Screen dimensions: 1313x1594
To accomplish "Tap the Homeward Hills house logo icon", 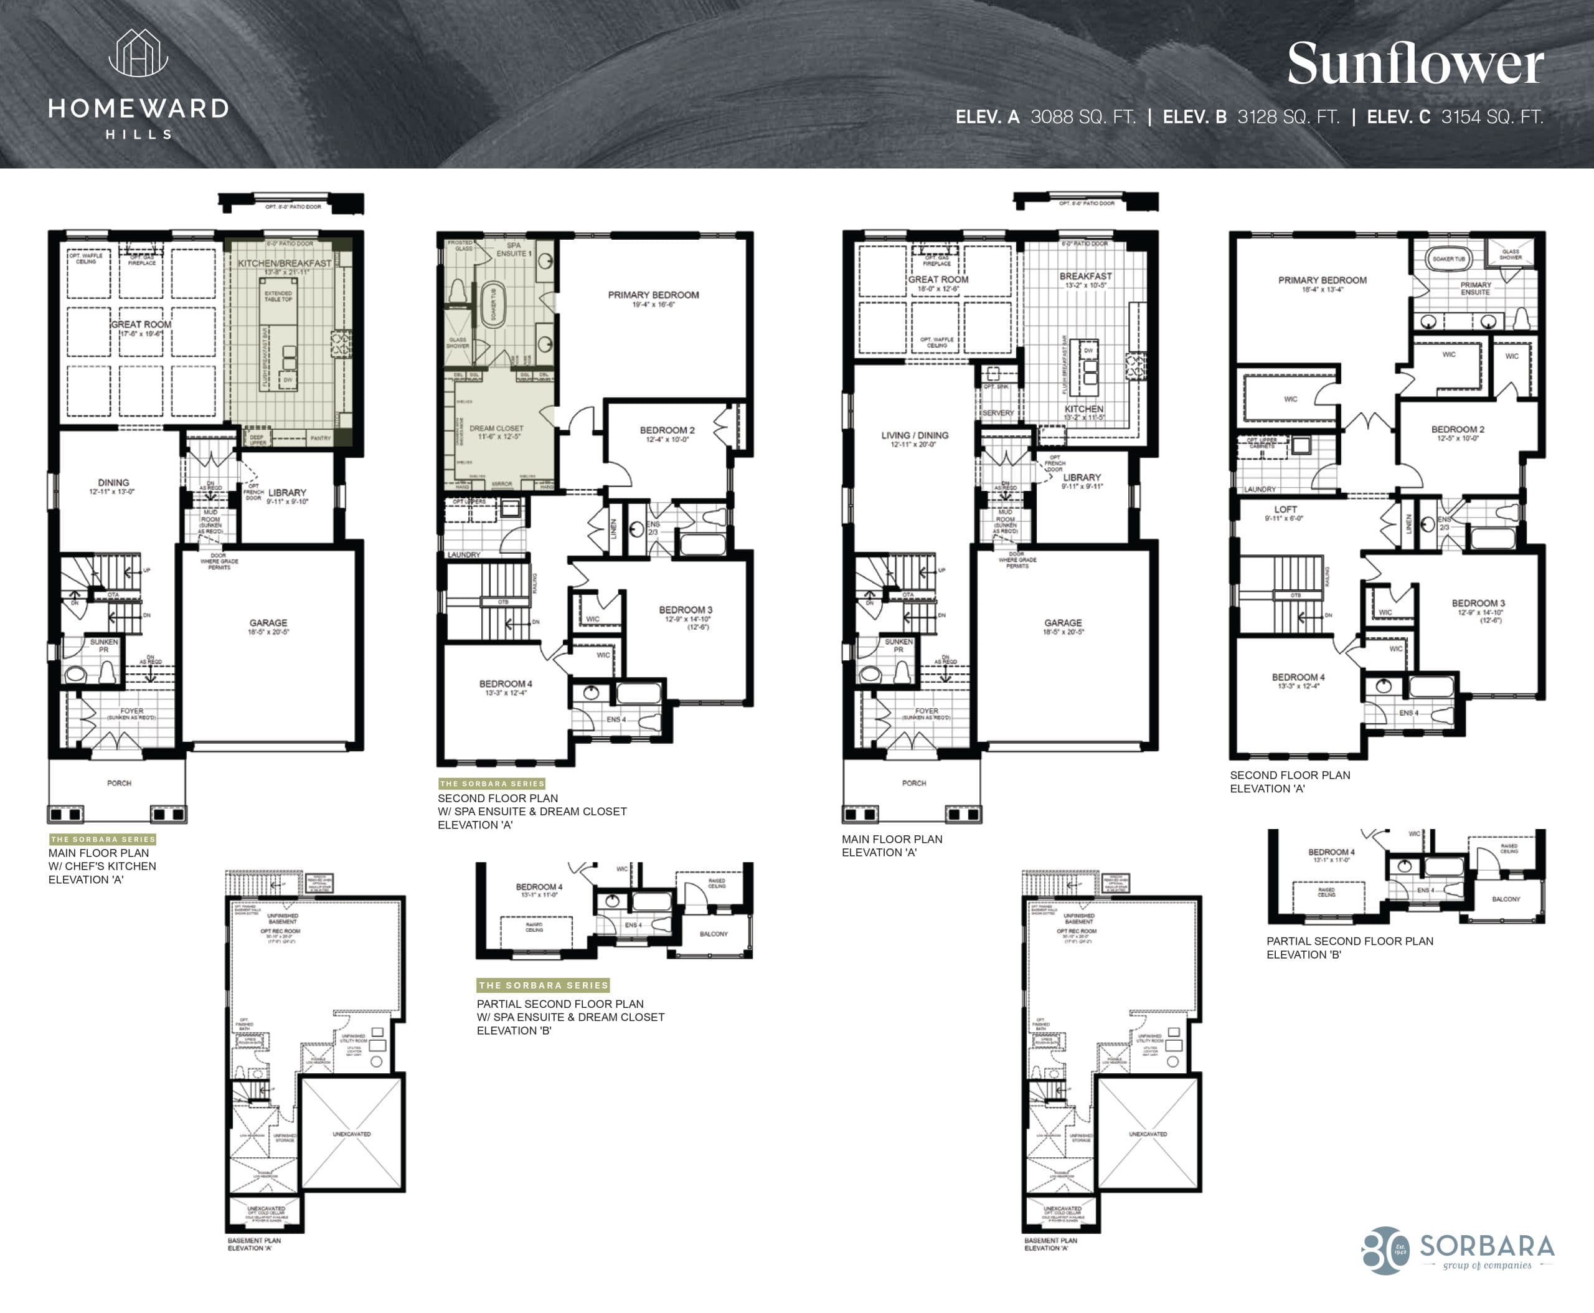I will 138,54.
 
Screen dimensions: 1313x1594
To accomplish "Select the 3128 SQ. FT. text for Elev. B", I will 1288,117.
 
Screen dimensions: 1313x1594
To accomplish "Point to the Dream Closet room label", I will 496,429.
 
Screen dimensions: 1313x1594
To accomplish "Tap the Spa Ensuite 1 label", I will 514,250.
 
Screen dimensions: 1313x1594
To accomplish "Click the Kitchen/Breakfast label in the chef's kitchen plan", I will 285,263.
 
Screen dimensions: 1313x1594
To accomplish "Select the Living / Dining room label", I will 914,435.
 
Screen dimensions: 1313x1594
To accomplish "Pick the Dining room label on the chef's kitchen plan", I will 113,483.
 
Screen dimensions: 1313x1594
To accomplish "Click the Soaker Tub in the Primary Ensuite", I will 1448,258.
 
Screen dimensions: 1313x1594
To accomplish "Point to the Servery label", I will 997,413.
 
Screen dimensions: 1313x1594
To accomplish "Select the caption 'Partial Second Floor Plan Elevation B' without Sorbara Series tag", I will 1349,948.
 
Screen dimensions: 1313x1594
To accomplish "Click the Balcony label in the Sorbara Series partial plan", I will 713,934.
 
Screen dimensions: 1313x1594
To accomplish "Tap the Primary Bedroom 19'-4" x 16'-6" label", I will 653,296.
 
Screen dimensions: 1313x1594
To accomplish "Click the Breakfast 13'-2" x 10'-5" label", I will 1085,277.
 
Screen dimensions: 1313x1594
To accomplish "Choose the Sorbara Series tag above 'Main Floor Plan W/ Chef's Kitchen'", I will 103,839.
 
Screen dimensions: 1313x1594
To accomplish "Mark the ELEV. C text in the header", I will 1398,117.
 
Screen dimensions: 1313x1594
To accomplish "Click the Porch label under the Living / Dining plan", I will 913,783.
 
